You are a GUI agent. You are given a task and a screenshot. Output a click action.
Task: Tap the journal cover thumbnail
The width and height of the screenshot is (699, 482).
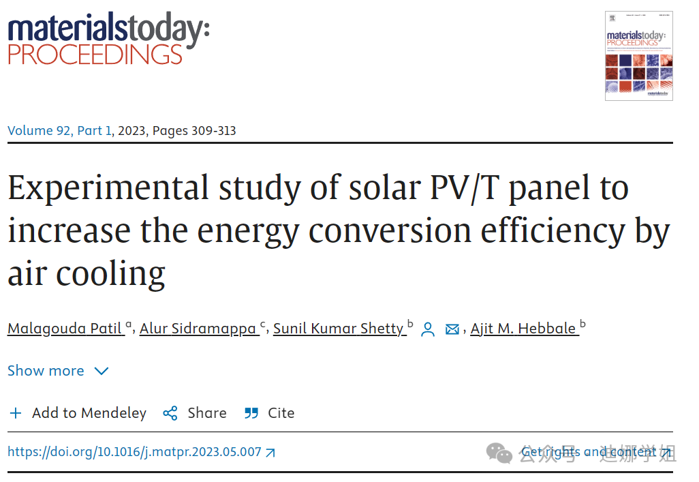tap(638, 56)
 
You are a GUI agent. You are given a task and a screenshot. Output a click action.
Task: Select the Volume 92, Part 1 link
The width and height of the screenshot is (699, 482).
tap(59, 130)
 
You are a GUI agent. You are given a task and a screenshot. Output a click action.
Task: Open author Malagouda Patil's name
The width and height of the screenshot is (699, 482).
tap(65, 329)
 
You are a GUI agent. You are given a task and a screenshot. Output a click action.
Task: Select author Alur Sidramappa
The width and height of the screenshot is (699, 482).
tap(198, 329)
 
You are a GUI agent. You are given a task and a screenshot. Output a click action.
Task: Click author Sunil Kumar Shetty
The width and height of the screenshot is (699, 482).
tap(339, 329)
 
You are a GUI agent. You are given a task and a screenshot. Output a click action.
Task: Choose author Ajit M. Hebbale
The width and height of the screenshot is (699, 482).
tap(523, 329)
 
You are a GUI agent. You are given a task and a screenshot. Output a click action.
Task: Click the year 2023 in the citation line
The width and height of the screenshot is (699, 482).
tap(131, 130)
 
